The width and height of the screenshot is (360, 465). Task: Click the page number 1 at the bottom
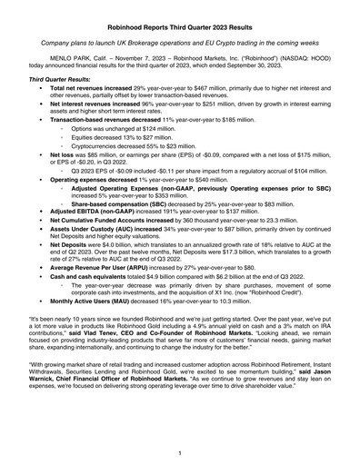tap(180, 451)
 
